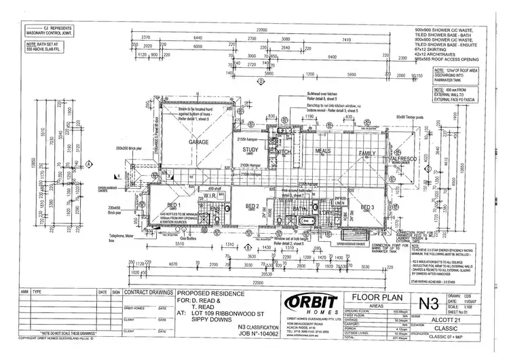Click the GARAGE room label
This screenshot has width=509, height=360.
(197, 143)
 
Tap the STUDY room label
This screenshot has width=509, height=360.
(250, 150)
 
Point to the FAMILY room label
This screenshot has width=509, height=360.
(367, 154)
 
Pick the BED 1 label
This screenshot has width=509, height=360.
(174, 204)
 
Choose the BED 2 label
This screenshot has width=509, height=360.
(252, 206)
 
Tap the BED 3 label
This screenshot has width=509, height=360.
(368, 207)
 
